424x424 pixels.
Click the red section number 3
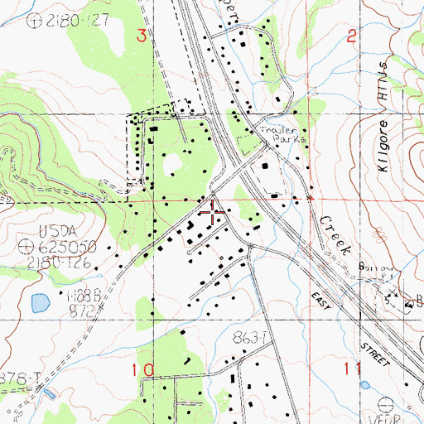(x=142, y=35)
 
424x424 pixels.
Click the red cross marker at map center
(x=213, y=212)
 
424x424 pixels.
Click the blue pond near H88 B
(x=39, y=303)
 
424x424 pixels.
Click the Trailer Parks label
(x=282, y=136)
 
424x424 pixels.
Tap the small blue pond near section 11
(x=364, y=385)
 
